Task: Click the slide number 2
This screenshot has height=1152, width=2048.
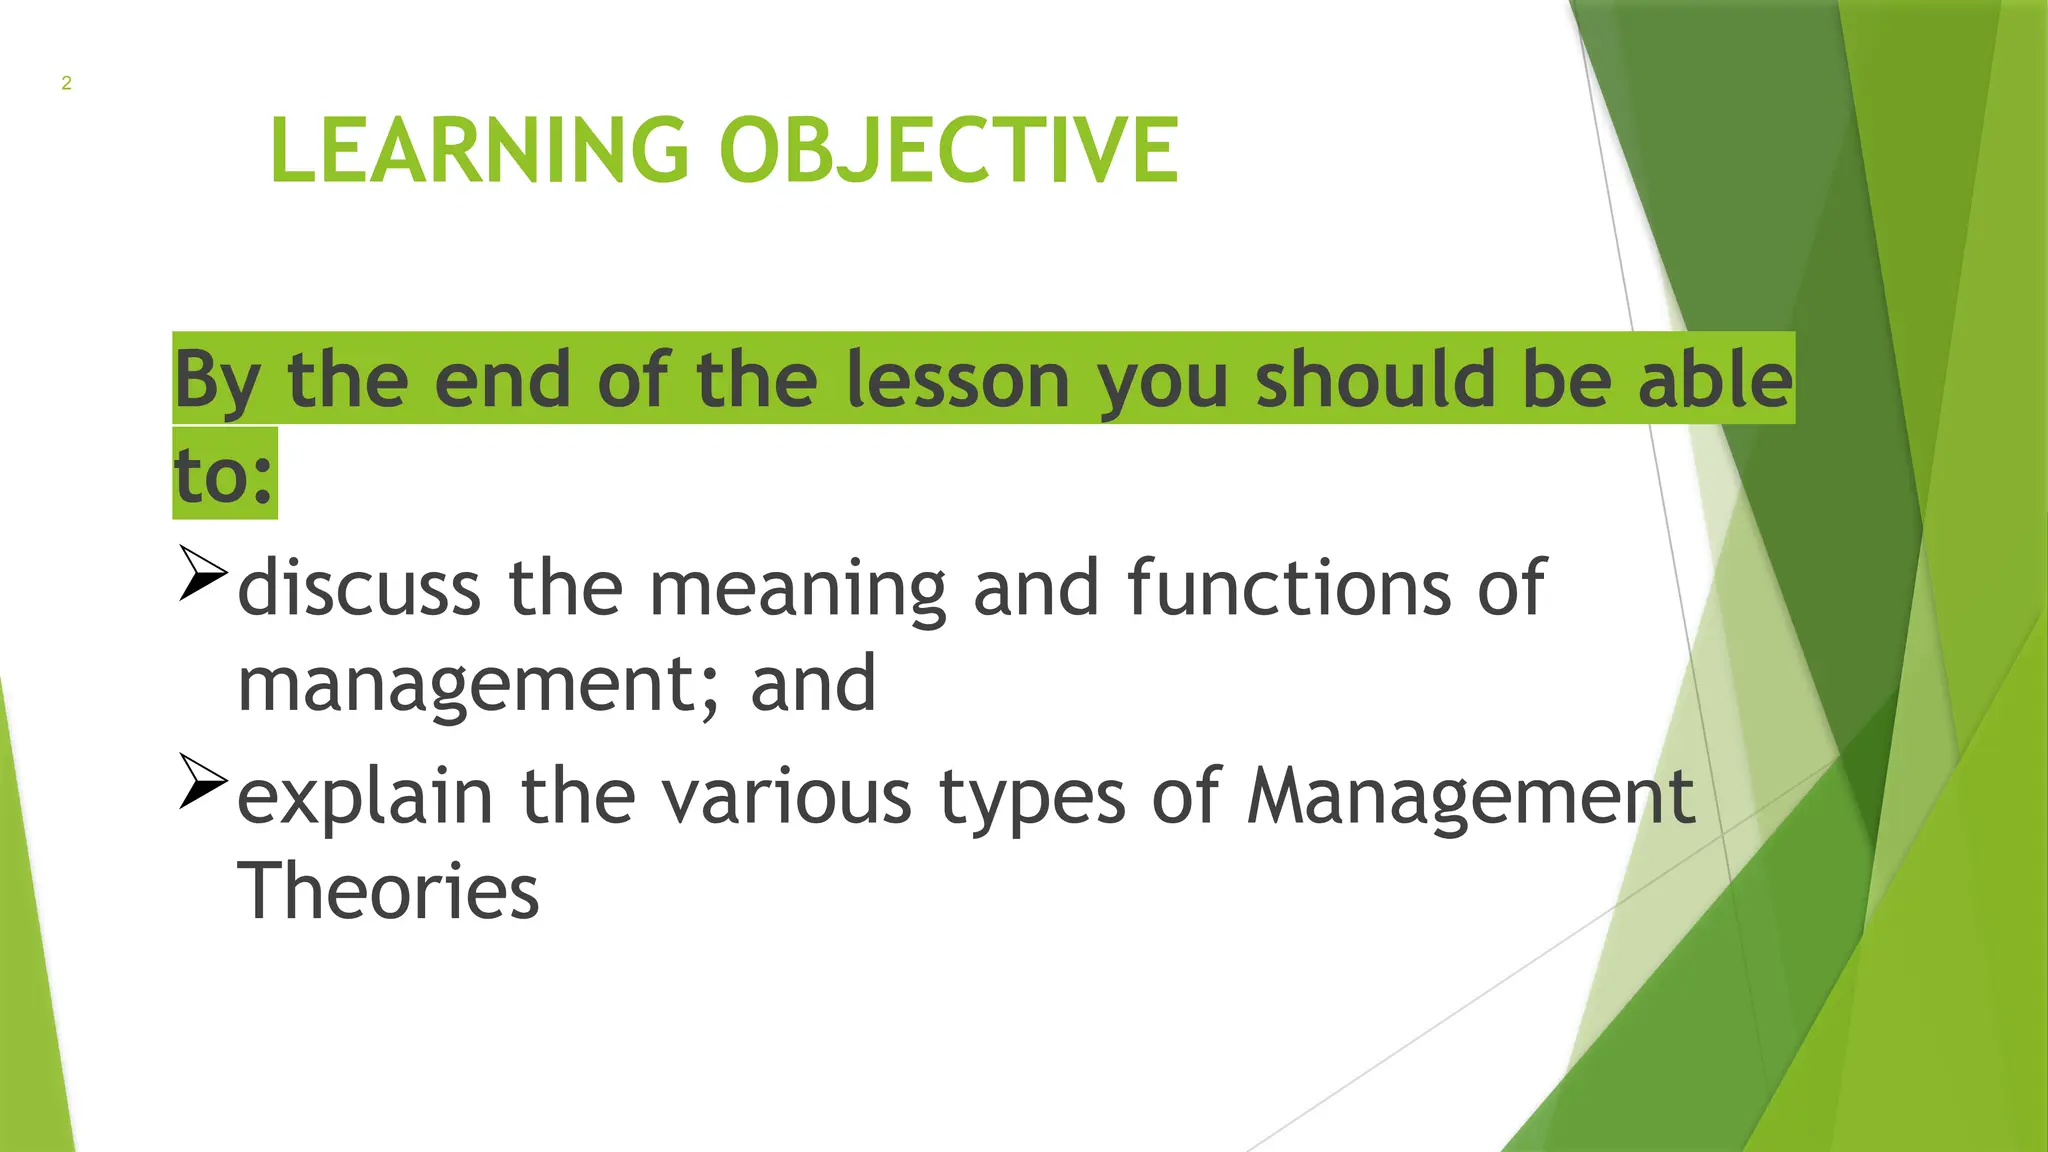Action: [66, 83]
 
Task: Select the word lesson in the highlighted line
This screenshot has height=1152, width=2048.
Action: [958, 380]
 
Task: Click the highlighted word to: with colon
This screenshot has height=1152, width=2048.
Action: [224, 475]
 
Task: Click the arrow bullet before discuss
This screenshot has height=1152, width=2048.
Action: [203, 573]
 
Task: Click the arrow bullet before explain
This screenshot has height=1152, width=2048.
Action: [203, 781]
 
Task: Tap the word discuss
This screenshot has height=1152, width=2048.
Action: [359, 588]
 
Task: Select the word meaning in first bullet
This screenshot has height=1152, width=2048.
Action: [797, 588]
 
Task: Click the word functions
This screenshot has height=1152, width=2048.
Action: [1289, 588]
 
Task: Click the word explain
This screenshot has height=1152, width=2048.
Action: [365, 797]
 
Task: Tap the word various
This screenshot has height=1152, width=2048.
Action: [787, 797]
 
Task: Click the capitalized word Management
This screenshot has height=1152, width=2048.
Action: [1470, 797]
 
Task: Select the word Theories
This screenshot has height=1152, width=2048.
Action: [388, 890]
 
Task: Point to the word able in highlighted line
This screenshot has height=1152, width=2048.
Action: [1714, 380]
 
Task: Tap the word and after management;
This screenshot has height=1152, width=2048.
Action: [813, 685]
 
